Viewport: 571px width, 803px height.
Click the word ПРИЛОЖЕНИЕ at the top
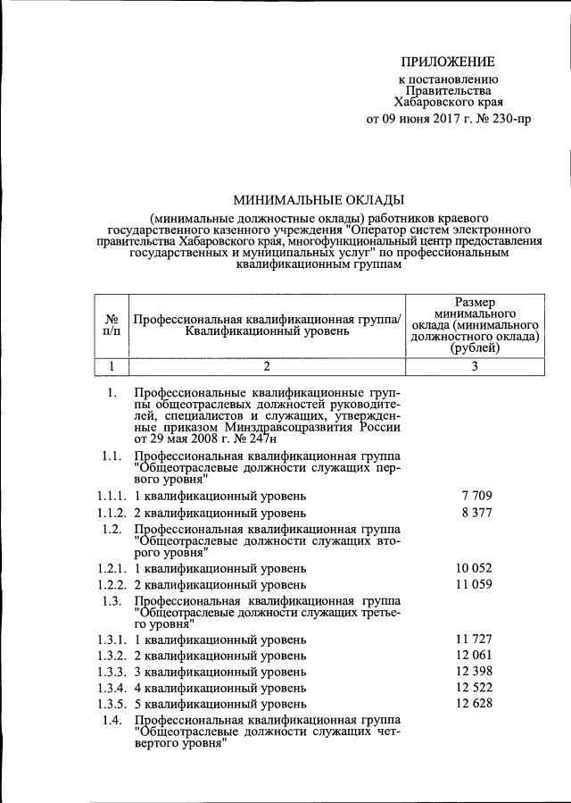click(446, 62)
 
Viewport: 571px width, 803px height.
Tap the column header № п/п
click(112, 326)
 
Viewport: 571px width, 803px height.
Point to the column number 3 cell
click(474, 365)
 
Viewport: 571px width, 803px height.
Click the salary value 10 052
click(474, 567)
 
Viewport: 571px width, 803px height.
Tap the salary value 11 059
click(474, 585)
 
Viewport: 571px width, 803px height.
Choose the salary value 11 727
click(474, 640)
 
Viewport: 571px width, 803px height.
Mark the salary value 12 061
click(474, 656)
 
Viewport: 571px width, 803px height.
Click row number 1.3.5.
click(112, 704)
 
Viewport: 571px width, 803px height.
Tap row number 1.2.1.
click(112, 567)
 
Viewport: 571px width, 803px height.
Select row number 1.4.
click(112, 720)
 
